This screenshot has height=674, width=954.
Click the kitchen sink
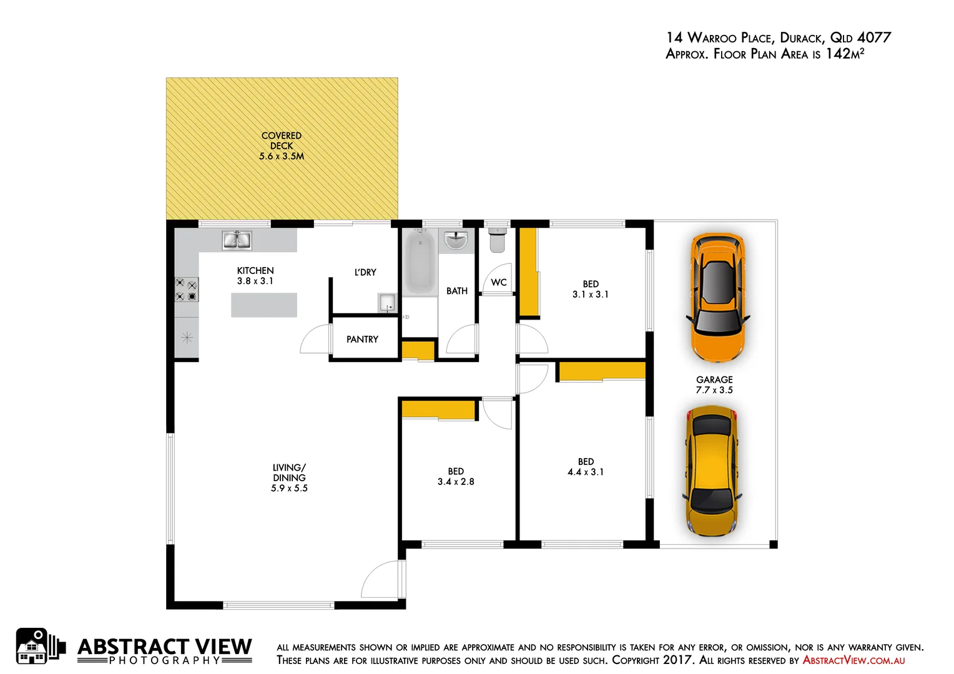[237, 240]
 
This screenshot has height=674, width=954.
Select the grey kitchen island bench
[263, 305]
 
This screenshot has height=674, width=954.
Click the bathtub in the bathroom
[419, 263]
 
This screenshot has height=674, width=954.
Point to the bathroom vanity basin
[456, 240]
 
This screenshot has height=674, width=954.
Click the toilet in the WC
[497, 240]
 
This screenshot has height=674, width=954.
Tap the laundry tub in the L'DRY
[387, 303]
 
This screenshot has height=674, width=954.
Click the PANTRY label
[362, 339]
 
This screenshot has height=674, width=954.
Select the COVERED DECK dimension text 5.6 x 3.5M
[282, 157]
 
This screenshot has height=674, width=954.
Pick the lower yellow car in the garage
[712, 471]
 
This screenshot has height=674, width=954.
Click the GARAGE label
[714, 379]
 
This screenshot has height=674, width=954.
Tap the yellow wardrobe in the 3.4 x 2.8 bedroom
[438, 409]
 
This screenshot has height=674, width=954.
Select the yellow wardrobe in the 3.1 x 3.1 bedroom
[528, 273]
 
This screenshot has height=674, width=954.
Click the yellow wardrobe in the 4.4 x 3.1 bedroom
[601, 371]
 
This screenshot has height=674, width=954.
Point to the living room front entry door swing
[382, 580]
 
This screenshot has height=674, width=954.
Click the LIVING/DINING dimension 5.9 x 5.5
[289, 489]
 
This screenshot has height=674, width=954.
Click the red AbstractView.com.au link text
[853, 660]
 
